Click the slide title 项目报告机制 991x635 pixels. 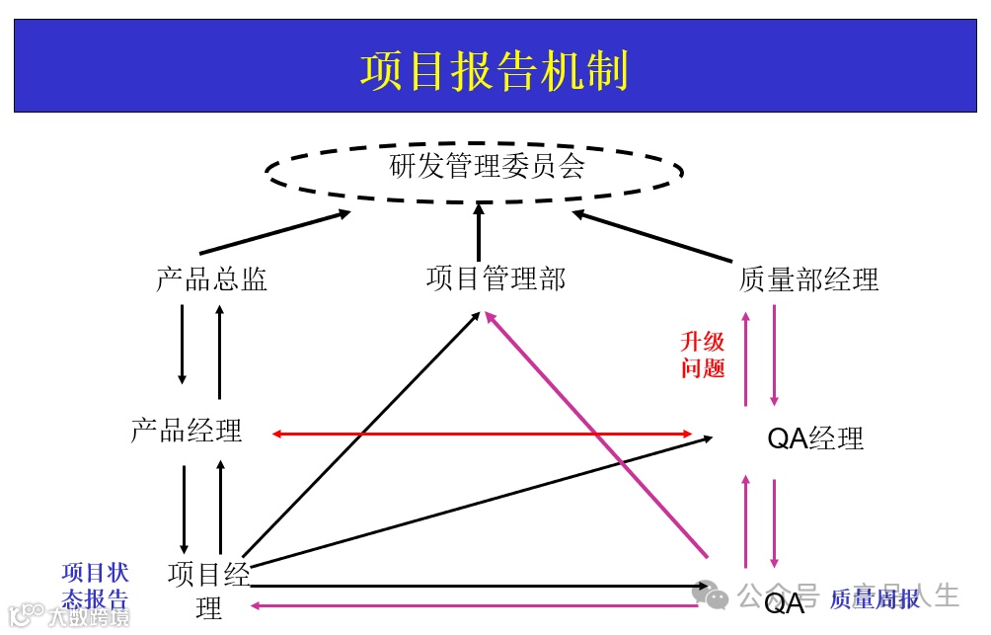495,71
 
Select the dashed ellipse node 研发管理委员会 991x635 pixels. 475,169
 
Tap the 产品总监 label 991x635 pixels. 211,279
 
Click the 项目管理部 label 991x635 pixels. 495,279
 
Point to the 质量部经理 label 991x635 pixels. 808,280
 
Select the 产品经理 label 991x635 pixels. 187,432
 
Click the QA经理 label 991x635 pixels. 815,438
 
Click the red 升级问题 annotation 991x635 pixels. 703,356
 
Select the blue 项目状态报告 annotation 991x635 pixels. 95,586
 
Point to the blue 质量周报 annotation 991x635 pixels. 874,598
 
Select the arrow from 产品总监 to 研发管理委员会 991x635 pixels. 275,233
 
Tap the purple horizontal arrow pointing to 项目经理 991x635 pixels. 474,605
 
